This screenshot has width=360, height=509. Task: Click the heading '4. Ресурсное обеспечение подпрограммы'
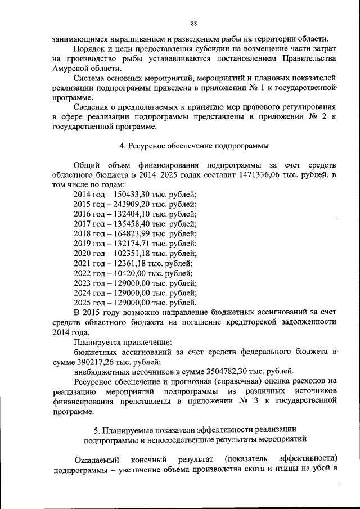pyautogui.click(x=194, y=145)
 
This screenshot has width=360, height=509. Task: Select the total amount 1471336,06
pyautogui.click(x=264, y=175)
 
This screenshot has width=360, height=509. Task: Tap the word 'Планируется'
pyautogui.click(x=97, y=341)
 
